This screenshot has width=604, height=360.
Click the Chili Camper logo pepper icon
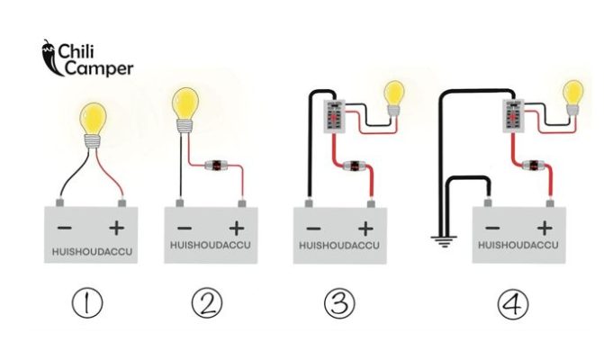pos(49,56)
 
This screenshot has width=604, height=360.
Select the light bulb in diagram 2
pos(186,102)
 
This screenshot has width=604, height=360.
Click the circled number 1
pos(88,303)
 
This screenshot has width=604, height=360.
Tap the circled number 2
pos(207,303)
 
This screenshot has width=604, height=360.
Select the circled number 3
pos(338,303)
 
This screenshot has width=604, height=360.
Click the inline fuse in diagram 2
pos(221,165)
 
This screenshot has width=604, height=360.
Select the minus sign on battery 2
pos(184,228)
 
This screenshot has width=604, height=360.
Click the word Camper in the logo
pos(95,67)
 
